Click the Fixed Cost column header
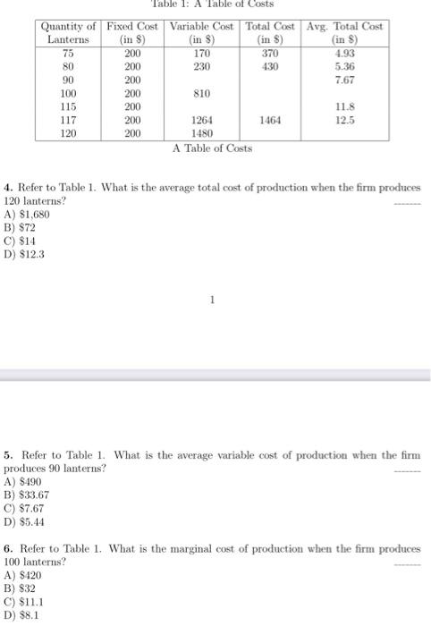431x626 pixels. pyautogui.click(x=131, y=32)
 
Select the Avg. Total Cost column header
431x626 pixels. pyautogui.click(x=344, y=32)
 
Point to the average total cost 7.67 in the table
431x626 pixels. pyautogui.click(x=344, y=79)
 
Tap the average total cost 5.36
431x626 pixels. pyautogui.click(x=344, y=66)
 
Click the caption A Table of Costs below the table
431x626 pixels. pyautogui.click(x=212, y=148)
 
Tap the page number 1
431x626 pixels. pyautogui.click(x=212, y=300)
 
